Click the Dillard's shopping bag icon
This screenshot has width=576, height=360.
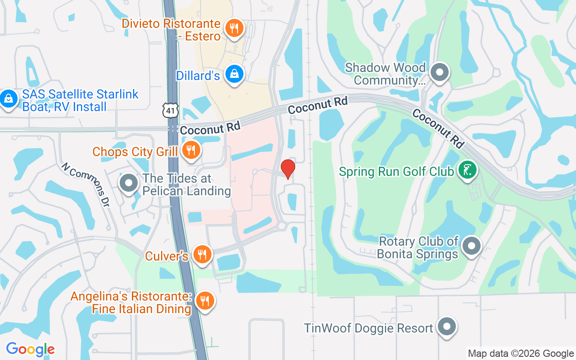click(x=234, y=74)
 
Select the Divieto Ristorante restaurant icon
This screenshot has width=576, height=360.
click(x=234, y=28)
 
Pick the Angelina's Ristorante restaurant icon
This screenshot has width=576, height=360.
click(x=205, y=301)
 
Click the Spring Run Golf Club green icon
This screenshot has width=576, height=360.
click(x=468, y=171)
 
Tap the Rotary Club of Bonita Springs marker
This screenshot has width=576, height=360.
click(x=471, y=246)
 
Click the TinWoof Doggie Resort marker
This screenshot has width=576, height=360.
click(x=447, y=327)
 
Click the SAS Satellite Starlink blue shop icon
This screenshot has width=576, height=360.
click(x=8, y=99)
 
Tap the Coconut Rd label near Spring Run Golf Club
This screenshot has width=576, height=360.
click(x=438, y=128)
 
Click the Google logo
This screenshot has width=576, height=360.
click(x=30, y=349)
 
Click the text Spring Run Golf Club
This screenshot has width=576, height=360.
click(x=396, y=171)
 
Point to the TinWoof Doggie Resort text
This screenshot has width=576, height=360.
click(x=368, y=328)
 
